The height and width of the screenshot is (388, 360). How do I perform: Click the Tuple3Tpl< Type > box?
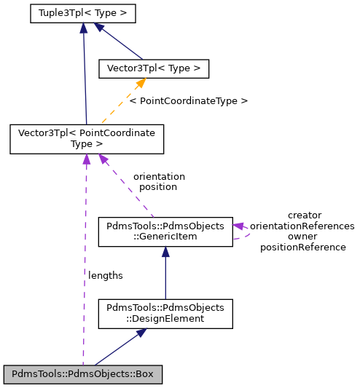tap(85, 13)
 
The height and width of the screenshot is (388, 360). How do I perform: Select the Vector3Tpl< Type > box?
tap(154, 68)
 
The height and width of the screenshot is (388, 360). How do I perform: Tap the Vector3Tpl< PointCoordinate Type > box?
tap(87, 138)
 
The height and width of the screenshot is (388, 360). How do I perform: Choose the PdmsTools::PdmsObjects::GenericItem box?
tap(165, 231)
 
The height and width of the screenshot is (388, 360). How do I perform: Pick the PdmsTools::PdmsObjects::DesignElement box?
tap(165, 313)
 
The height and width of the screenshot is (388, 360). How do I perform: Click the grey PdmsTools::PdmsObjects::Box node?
tap(83, 375)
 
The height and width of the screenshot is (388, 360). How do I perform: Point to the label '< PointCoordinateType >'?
tap(188, 100)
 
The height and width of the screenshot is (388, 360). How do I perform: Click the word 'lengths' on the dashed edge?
tap(106, 275)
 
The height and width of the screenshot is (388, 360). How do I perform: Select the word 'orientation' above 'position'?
tap(159, 176)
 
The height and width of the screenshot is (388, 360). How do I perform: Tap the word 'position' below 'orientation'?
tap(158, 186)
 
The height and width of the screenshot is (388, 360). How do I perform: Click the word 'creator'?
tap(304, 215)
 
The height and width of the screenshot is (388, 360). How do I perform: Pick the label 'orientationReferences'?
tap(302, 226)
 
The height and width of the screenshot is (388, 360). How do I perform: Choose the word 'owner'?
tap(302, 237)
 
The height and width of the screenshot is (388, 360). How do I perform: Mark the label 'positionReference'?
tap(302, 247)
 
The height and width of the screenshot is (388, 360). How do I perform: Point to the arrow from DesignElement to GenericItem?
tap(165, 273)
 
